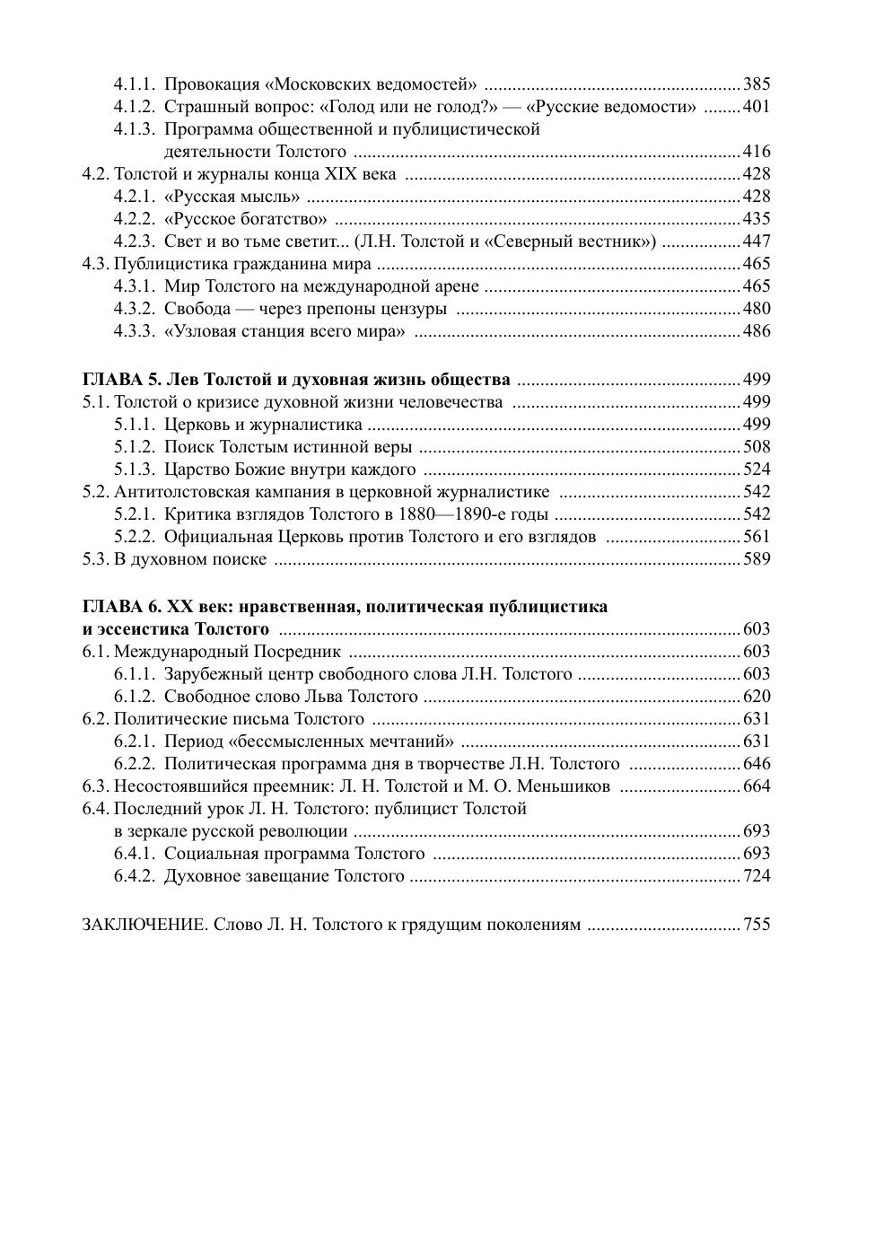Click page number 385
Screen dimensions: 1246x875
(x=757, y=85)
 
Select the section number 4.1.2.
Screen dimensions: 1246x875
(x=135, y=108)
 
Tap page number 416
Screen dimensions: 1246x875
(x=757, y=152)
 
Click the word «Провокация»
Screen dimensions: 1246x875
(x=212, y=85)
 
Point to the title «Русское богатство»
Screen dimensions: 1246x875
(x=246, y=219)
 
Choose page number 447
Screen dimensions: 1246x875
(x=757, y=241)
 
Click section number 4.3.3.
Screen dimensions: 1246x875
(x=135, y=331)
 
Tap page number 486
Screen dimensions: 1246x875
(x=757, y=331)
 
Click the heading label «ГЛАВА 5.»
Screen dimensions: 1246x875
(x=122, y=380)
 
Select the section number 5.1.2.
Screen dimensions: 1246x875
(x=135, y=447)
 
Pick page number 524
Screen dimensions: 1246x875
(x=757, y=469)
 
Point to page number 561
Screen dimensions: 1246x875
(x=757, y=537)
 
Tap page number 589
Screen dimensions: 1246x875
(x=757, y=559)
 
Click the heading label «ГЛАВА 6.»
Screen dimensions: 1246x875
(x=122, y=607)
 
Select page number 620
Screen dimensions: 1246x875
(x=757, y=697)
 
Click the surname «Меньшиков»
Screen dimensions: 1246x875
(x=565, y=786)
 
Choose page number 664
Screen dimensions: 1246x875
(x=757, y=786)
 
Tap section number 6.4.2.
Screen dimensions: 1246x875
(x=135, y=876)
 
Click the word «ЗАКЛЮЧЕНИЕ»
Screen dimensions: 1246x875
(x=144, y=925)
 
